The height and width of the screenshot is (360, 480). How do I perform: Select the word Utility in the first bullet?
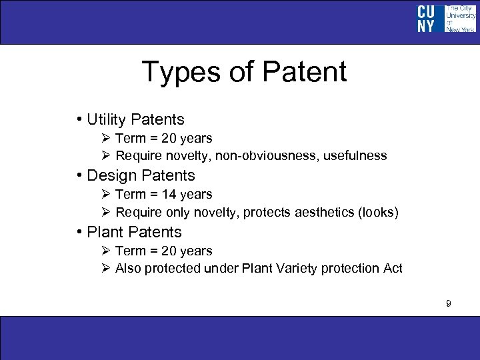pyautogui.click(x=107, y=120)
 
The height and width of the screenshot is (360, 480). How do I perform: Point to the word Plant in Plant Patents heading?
pyautogui.click(x=105, y=232)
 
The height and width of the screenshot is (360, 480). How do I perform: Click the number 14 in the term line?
pyautogui.click(x=167, y=195)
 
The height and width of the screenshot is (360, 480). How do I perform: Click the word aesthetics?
pyautogui.click(x=321, y=213)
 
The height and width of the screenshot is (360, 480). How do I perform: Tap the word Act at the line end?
pyautogui.click(x=392, y=269)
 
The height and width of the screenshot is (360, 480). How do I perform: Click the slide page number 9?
pyautogui.click(x=449, y=304)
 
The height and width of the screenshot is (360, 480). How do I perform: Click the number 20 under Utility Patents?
pyautogui.click(x=167, y=139)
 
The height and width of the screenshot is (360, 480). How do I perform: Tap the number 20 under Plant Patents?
pyautogui.click(x=167, y=251)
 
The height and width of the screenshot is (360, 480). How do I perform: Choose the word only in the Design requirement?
pyautogui.click(x=176, y=213)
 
